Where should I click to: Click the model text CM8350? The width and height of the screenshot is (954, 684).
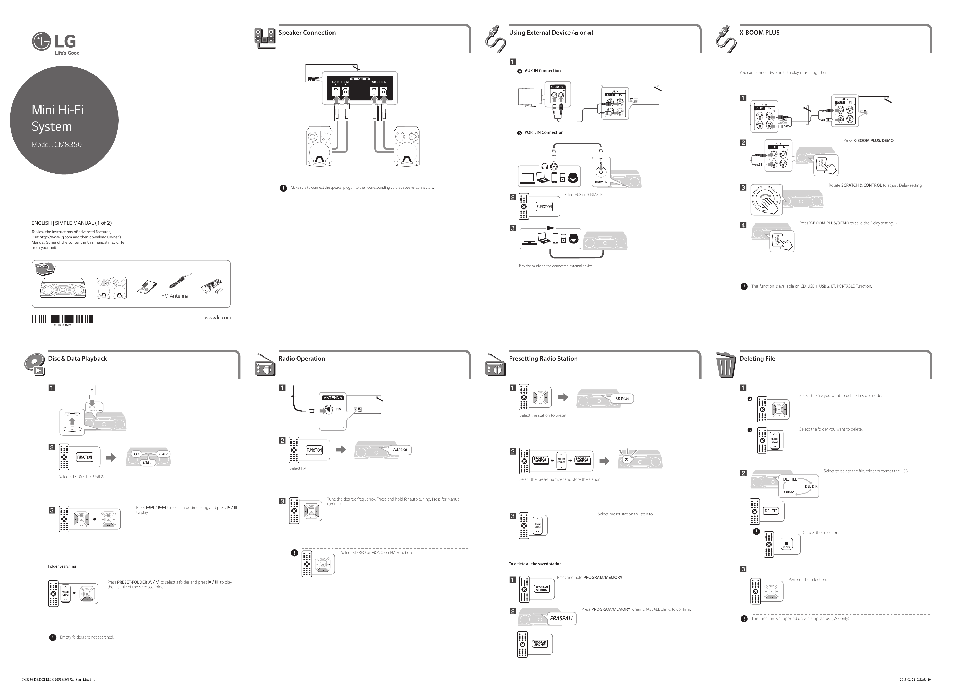pyautogui.click(x=68, y=144)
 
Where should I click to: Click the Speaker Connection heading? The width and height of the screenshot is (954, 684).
pyautogui.click(x=307, y=32)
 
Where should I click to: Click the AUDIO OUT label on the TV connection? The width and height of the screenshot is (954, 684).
pyautogui.click(x=557, y=87)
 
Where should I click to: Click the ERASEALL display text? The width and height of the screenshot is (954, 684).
pyautogui.click(x=562, y=618)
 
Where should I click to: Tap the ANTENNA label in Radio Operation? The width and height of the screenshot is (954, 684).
pyautogui.click(x=333, y=397)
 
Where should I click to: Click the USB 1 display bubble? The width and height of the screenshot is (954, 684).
pyautogui.click(x=147, y=463)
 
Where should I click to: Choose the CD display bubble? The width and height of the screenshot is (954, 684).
pyautogui.click(x=136, y=454)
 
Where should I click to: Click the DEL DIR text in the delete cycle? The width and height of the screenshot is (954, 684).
pyautogui.click(x=811, y=486)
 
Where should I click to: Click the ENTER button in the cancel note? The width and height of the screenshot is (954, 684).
pyautogui.click(x=786, y=544)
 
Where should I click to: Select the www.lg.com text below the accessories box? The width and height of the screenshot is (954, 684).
pyautogui.click(x=217, y=317)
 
